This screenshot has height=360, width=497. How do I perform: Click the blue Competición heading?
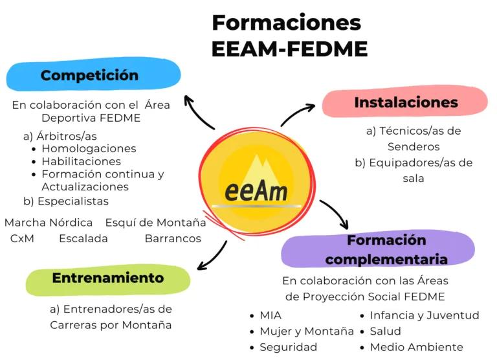(89, 76)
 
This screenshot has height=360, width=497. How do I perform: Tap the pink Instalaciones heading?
(406, 102)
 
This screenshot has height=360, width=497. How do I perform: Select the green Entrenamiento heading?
(107, 278)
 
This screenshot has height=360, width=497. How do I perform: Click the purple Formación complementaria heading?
(386, 250)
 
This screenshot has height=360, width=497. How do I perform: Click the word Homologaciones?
(89, 149)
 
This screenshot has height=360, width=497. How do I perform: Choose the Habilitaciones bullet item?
(81, 161)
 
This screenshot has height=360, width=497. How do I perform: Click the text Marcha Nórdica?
(49, 223)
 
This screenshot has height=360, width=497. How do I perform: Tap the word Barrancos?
(173, 238)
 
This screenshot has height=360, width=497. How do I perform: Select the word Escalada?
(83, 238)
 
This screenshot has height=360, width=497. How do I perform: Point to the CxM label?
(22, 238)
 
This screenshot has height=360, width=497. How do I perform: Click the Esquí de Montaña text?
(155, 223)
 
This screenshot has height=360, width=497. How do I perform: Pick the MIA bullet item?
(271, 316)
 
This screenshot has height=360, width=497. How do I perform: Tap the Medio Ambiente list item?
(416, 347)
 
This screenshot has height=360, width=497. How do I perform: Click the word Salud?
(386, 332)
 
